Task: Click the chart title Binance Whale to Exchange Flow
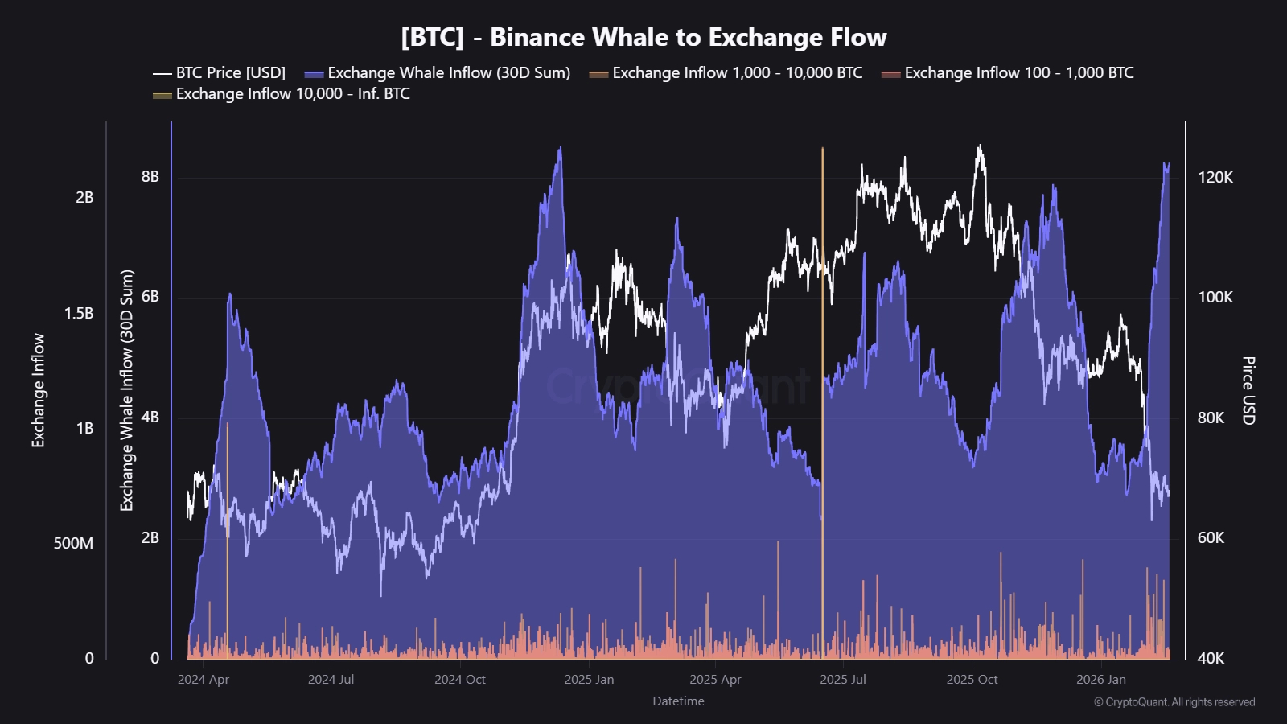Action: (x=643, y=37)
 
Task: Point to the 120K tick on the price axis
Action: (x=1215, y=177)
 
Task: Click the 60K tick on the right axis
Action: (x=1211, y=537)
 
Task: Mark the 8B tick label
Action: (x=150, y=177)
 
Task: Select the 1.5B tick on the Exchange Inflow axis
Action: (x=79, y=313)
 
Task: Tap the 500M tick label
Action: (x=73, y=544)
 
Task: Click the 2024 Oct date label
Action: (x=460, y=680)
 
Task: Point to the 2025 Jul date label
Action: (x=843, y=680)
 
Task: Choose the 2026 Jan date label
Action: (x=1100, y=680)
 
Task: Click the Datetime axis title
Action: (x=678, y=701)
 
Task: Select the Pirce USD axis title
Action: (x=1248, y=390)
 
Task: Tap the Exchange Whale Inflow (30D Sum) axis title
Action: (x=127, y=390)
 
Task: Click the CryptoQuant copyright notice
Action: (x=1174, y=702)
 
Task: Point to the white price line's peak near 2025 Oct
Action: (x=979, y=147)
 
